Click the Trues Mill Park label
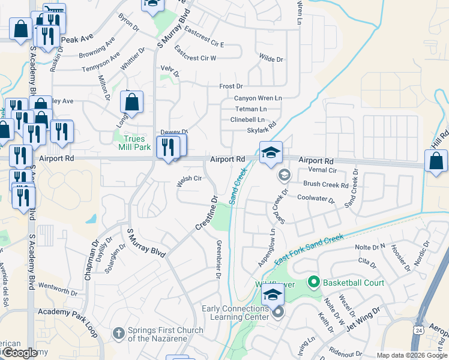pos(131,143)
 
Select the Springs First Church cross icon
pos(119,332)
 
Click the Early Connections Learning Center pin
pos(277,313)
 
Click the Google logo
pos(19,353)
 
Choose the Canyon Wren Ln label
pos(258,98)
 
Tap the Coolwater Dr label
pos(315,199)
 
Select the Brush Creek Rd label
pos(326,185)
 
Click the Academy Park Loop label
pos(67,313)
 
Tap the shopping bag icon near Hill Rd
pos(436,161)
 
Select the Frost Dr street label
pos(231,86)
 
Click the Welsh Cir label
pos(188,179)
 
